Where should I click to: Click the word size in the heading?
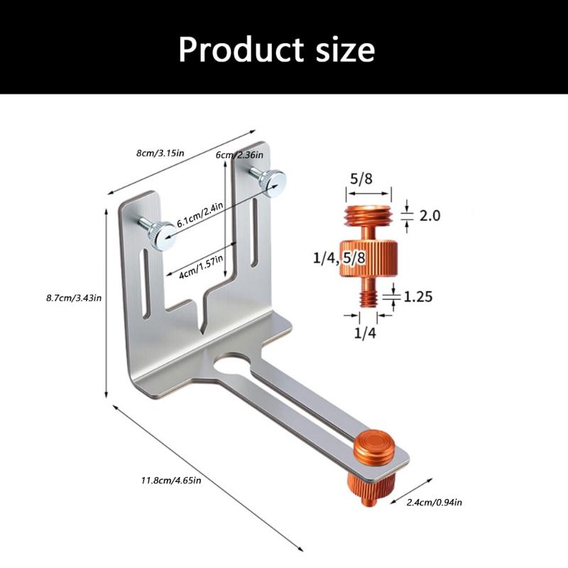click(345, 50)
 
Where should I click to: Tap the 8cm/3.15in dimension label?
click(160, 153)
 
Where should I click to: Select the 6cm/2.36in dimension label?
click(239, 155)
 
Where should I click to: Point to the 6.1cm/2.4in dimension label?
click(200, 214)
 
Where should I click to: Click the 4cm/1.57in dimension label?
click(202, 266)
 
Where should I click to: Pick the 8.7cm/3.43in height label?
click(74, 298)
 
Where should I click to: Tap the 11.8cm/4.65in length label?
click(171, 481)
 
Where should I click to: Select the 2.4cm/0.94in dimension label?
click(435, 503)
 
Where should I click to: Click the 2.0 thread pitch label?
click(430, 216)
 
